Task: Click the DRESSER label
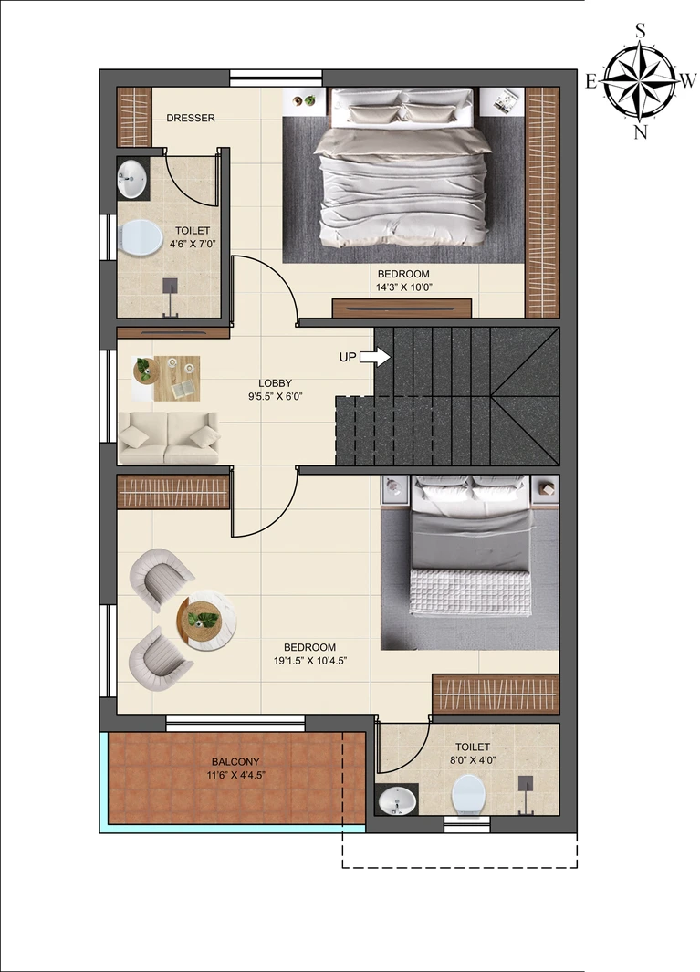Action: click(191, 118)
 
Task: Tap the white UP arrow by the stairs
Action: click(375, 357)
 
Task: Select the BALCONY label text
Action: click(235, 762)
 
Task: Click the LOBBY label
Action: click(276, 383)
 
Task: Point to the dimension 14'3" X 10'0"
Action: click(403, 287)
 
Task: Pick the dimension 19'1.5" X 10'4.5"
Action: click(310, 661)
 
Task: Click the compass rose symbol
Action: click(641, 80)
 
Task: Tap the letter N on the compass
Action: click(641, 132)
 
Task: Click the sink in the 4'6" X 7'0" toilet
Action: click(132, 179)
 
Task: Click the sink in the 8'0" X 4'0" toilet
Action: click(397, 800)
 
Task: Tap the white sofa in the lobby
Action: click(169, 438)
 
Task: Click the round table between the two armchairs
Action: click(205, 620)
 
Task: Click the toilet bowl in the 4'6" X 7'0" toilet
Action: click(141, 236)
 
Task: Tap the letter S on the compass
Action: click(641, 30)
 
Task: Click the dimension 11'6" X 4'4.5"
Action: click(236, 775)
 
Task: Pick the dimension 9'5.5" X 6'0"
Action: click(276, 396)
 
